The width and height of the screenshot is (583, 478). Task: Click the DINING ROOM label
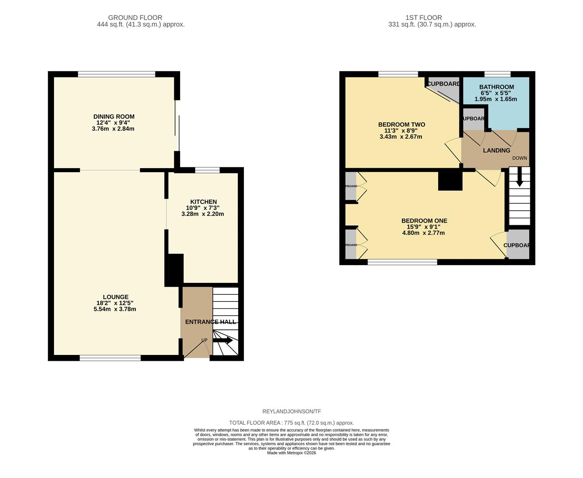(114, 117)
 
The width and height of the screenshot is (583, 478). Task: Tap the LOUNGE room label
(116, 297)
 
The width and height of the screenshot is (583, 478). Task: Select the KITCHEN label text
(203, 202)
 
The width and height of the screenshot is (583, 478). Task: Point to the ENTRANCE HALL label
(210, 322)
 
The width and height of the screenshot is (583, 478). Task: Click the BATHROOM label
(496, 87)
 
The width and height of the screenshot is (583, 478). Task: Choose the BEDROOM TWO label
(401, 125)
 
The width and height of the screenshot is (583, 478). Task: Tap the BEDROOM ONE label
(424, 221)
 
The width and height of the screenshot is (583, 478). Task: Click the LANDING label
(496, 150)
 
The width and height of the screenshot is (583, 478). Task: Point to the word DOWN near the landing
(519, 158)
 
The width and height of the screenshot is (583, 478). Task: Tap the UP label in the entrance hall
(204, 340)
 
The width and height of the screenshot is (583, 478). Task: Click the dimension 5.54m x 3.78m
(115, 309)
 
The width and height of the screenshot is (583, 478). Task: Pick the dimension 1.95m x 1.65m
(495, 99)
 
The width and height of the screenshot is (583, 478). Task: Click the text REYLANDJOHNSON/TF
(291, 412)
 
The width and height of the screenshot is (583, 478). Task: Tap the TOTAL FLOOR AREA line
(291, 423)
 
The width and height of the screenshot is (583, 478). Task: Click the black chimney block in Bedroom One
(450, 181)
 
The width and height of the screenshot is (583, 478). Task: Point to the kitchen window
(208, 170)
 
